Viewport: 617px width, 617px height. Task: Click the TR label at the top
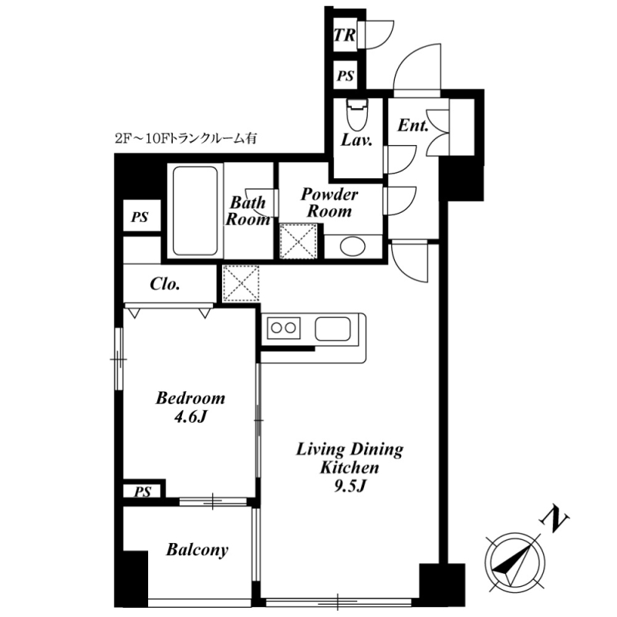click(344, 35)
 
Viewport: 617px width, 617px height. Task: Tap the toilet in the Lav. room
click(356, 116)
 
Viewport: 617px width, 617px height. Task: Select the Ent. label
click(413, 126)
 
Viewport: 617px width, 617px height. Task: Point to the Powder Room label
click(329, 202)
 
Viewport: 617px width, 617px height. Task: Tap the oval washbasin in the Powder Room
click(353, 247)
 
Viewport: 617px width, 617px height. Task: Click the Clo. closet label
click(165, 284)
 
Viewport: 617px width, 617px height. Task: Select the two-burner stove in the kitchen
click(283, 329)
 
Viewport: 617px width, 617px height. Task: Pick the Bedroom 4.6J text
click(190, 408)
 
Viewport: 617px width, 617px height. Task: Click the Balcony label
click(197, 550)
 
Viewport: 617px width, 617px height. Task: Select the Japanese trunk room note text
click(184, 140)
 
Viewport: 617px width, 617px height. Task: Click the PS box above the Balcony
click(143, 491)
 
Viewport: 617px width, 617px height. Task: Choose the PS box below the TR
click(345, 76)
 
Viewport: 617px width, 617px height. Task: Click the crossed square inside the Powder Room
click(299, 241)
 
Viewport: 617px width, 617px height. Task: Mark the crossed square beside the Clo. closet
click(240, 283)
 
